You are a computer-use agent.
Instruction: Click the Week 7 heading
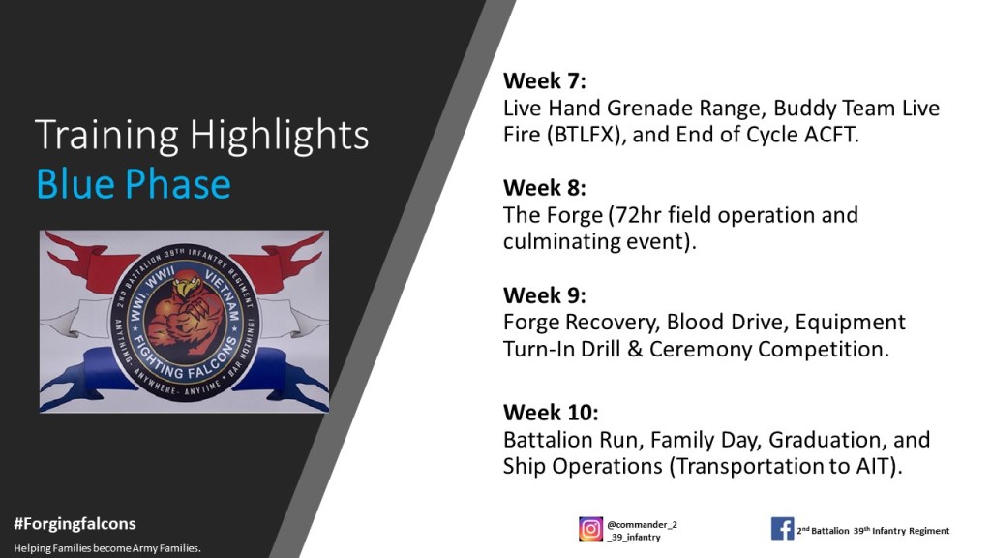(544, 81)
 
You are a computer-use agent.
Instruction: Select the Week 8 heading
(544, 188)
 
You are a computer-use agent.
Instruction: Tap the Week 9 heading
(544, 295)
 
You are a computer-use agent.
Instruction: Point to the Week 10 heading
(551, 413)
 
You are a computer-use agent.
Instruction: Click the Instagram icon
(590, 529)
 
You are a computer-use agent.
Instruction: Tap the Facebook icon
(782, 529)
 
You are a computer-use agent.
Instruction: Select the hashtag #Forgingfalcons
(75, 524)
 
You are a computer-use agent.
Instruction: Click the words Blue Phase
(134, 184)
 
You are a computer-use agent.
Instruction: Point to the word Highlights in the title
(279, 135)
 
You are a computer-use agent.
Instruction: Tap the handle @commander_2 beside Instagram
(643, 524)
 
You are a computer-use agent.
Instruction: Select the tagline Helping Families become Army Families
(107, 548)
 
